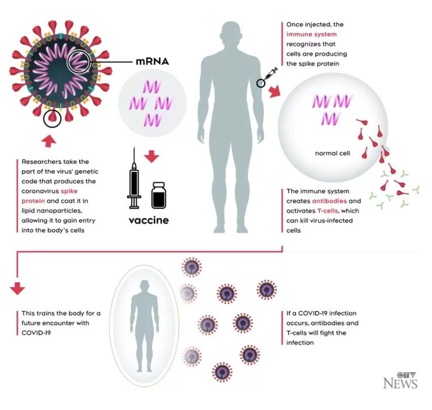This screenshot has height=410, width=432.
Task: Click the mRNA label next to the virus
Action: click(x=152, y=61)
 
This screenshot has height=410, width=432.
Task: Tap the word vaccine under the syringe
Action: click(x=149, y=220)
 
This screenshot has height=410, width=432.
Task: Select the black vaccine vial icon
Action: click(x=159, y=195)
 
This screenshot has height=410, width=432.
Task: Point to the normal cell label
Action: click(x=333, y=154)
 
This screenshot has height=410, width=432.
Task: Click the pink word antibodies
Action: click(x=329, y=201)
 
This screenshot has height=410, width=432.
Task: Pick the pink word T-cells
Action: click(x=328, y=211)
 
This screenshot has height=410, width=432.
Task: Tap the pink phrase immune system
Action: click(x=311, y=34)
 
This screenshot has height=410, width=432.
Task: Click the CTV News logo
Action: click(x=401, y=381)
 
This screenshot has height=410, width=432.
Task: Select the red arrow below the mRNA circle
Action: click(x=152, y=157)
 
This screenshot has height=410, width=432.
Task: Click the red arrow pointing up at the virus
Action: click(x=49, y=141)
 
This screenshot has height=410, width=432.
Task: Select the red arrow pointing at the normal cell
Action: click(x=274, y=91)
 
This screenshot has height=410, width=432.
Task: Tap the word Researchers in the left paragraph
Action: click(x=39, y=162)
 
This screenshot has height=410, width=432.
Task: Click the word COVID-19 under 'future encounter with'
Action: click(x=36, y=333)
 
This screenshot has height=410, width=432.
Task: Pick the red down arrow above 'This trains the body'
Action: click(x=17, y=288)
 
